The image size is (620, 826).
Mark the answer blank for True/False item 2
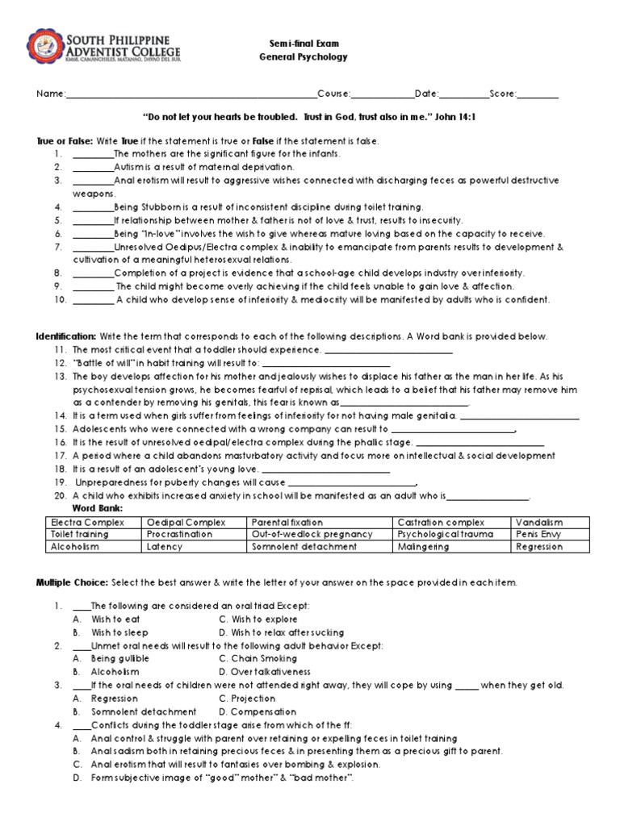pos(93,167)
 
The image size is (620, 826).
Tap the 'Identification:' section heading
pos(65,336)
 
